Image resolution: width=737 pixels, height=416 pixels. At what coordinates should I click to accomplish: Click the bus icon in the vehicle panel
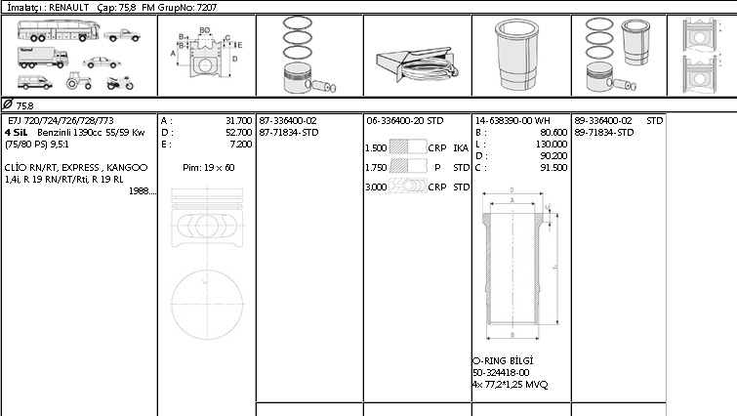[59, 30]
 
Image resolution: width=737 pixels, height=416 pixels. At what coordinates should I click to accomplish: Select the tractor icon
[78, 81]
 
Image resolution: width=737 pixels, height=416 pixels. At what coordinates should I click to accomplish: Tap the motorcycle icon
[120, 83]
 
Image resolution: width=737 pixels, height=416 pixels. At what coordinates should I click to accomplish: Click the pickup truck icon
[122, 35]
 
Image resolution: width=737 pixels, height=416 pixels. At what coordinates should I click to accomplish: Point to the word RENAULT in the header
[68, 7]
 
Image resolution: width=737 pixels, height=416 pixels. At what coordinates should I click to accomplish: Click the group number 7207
[206, 7]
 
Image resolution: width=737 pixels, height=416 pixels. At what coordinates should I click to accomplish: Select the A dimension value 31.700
[239, 121]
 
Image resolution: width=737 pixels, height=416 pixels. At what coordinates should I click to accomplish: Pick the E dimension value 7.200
[241, 145]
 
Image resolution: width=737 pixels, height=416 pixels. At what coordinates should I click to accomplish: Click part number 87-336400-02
[288, 121]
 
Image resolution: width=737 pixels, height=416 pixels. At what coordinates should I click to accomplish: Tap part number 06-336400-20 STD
[405, 121]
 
